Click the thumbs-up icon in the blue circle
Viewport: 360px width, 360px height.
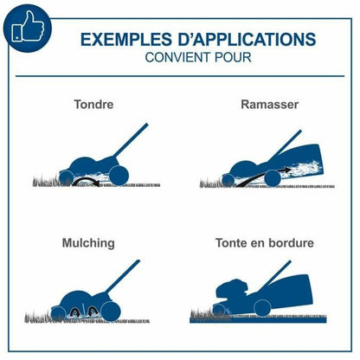click(28, 27)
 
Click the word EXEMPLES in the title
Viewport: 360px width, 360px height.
click(126, 40)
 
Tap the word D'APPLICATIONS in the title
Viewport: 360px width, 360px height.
click(247, 40)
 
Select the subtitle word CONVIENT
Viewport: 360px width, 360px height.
click(178, 57)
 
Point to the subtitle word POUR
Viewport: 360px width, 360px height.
click(233, 57)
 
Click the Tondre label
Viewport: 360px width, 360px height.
click(93, 104)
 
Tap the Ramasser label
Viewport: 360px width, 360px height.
click(269, 104)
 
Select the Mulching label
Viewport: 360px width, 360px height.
click(88, 243)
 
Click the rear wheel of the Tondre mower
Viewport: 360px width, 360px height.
click(119, 175)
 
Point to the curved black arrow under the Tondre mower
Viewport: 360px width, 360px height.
click(86, 182)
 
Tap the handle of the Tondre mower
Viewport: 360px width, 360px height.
click(131, 140)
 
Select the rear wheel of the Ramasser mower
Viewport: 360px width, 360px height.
click(272, 178)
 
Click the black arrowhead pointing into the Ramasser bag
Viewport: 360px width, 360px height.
click(287, 170)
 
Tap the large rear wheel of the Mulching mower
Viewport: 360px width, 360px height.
click(111, 312)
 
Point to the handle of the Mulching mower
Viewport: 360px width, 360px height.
click(122, 276)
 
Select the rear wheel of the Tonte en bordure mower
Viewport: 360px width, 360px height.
click(262, 307)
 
